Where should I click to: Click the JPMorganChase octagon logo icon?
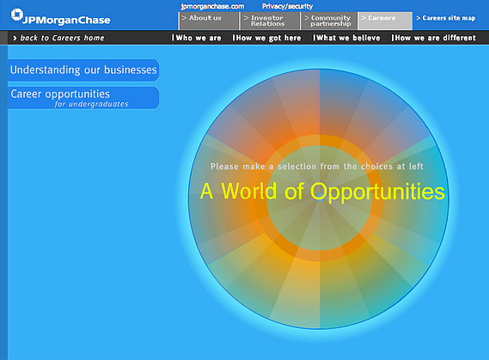click(17, 15)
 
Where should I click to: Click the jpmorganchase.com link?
click(212, 6)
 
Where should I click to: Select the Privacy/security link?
click(287, 6)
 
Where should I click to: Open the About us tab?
click(208, 21)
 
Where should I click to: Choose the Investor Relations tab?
click(270, 21)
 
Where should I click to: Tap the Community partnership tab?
click(329, 21)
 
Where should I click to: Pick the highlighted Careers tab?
click(386, 21)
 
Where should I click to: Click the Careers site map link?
click(446, 18)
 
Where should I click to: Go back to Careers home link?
click(58, 38)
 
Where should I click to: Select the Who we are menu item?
click(197, 38)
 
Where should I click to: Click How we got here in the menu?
click(266, 38)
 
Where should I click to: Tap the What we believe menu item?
click(346, 38)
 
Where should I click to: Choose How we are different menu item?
click(433, 38)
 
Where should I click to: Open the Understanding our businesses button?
click(83, 70)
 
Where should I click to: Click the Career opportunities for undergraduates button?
click(83, 98)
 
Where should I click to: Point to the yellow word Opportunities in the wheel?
click(377, 192)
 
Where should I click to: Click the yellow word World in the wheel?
click(249, 191)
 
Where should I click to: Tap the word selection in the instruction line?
click(296, 167)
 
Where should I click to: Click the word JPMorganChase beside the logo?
click(66, 21)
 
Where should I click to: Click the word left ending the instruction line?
click(416, 166)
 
